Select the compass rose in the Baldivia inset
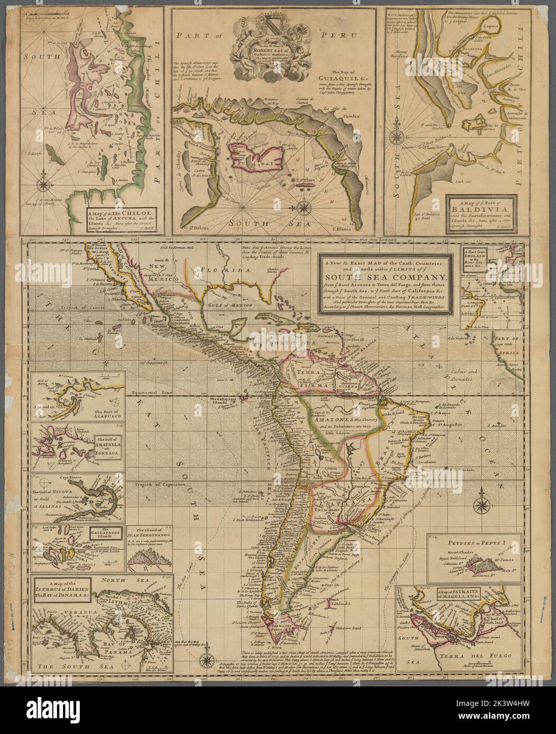coord(395,138)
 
